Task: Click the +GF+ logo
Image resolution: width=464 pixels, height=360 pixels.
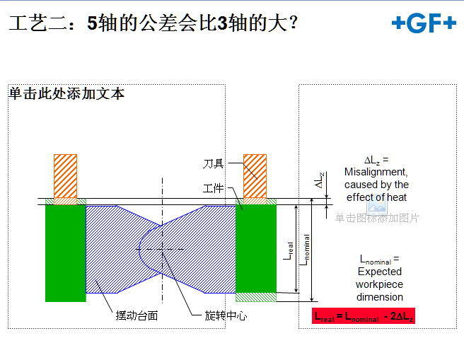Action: click(424, 23)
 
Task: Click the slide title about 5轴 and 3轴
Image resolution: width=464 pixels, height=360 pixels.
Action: click(153, 23)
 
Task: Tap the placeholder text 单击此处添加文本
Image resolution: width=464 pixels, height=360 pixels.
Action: click(66, 93)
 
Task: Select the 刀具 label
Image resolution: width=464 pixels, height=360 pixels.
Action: click(213, 163)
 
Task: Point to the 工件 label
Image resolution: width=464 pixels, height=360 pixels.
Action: click(213, 188)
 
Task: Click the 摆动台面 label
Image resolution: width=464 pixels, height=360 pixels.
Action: click(137, 315)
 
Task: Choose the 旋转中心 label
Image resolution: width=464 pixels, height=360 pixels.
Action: click(226, 315)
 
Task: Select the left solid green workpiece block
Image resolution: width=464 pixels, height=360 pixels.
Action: click(65, 253)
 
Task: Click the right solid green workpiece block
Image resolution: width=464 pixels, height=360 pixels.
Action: click(256, 248)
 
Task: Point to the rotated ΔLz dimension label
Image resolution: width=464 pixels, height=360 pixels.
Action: click(319, 180)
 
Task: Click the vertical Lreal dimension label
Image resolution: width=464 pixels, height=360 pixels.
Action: click(288, 251)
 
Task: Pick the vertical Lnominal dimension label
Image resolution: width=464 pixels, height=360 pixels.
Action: click(305, 250)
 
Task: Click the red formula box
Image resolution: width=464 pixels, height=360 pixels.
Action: click(364, 316)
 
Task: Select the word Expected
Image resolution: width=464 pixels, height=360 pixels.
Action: click(380, 272)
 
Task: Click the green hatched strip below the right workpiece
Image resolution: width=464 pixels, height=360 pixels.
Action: click(256, 297)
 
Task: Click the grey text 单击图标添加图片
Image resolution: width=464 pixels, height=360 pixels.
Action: click(377, 218)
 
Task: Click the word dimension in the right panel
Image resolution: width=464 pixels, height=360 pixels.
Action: click(380, 297)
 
